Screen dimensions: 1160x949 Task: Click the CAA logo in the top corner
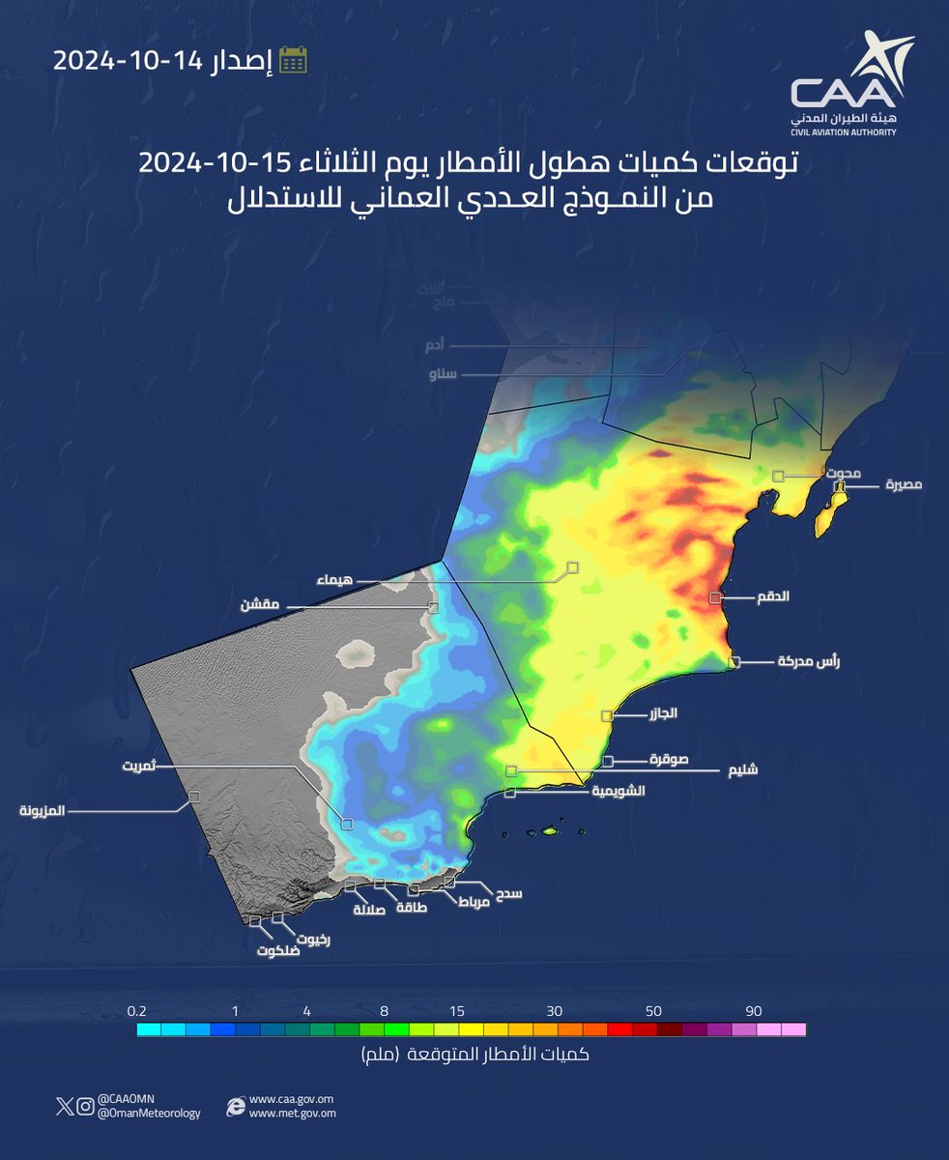(x=851, y=85)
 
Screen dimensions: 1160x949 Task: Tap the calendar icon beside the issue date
(x=293, y=60)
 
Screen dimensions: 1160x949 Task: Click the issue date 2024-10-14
(x=126, y=60)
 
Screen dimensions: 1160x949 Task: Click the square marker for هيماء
(x=573, y=566)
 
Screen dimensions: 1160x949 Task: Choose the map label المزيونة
(x=42, y=811)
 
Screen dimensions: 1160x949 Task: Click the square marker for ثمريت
(x=347, y=824)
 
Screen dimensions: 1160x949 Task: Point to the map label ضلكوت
(x=278, y=950)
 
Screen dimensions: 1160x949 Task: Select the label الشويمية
(x=606, y=790)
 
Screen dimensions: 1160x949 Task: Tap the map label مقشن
(x=260, y=605)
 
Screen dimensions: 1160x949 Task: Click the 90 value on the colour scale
(x=754, y=1011)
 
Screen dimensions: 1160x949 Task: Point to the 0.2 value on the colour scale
(x=136, y=1011)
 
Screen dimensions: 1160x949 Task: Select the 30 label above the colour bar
(x=554, y=1011)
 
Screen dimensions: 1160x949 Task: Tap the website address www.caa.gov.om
(x=291, y=1099)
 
